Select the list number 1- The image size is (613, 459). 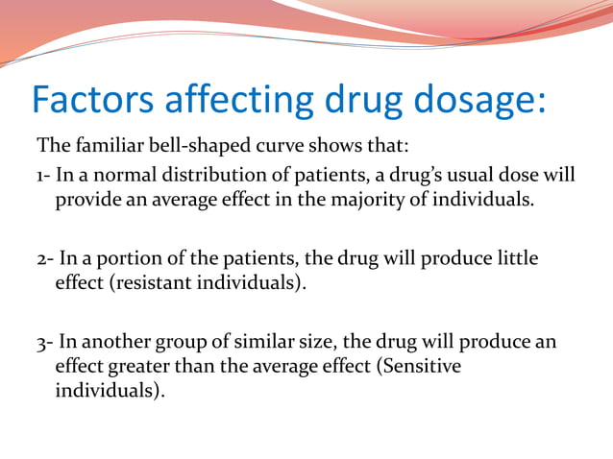pyautogui.click(x=43, y=175)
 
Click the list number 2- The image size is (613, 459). pyautogui.click(x=44, y=259)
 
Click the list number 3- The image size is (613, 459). pyautogui.click(x=44, y=343)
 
